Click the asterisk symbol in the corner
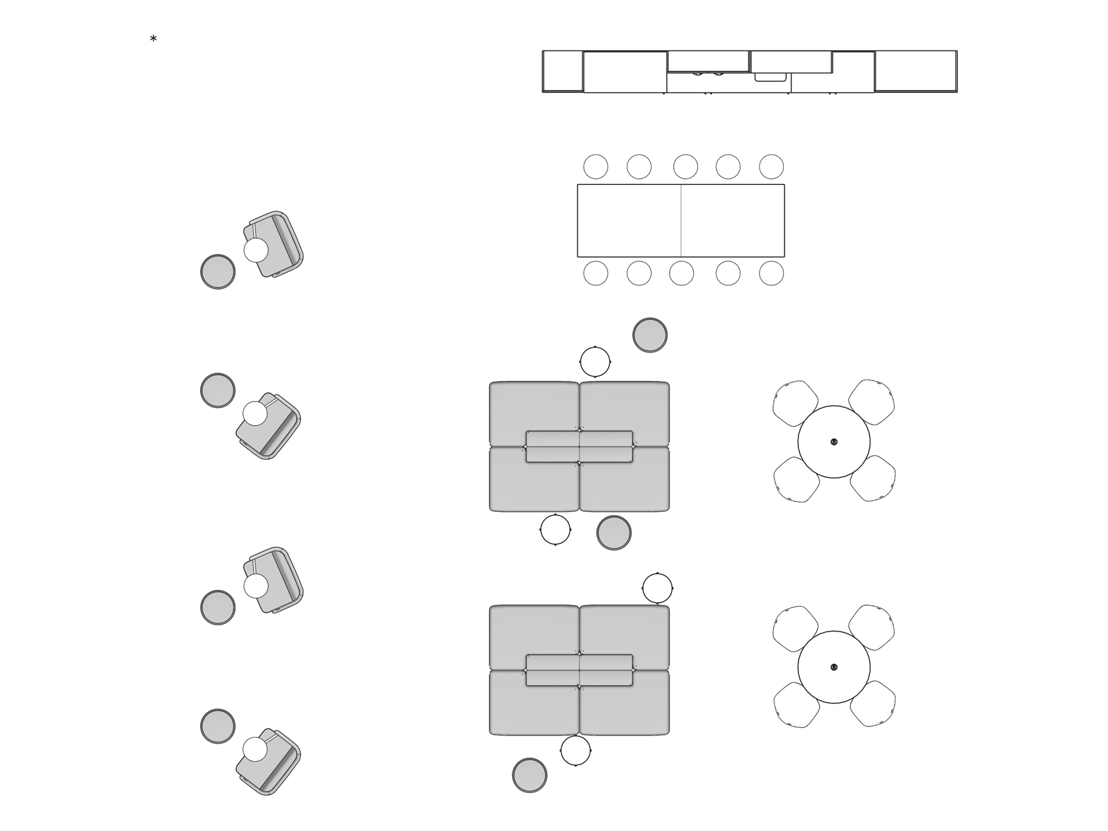(153, 39)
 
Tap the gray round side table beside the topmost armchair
(217, 271)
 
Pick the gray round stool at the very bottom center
(530, 775)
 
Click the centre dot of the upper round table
(834, 442)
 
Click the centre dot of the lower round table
(834, 668)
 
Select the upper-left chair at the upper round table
(794, 403)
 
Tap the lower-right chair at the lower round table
(873, 704)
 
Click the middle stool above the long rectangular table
(686, 167)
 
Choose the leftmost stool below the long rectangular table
(596, 274)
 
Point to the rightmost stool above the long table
(771, 167)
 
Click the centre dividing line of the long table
(681, 221)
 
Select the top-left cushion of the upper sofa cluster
(533, 409)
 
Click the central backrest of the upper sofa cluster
(579, 447)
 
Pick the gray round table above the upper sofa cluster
(650, 335)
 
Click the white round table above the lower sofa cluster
(657, 589)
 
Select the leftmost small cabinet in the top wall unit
(562, 71)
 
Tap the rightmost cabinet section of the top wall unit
(915, 71)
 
